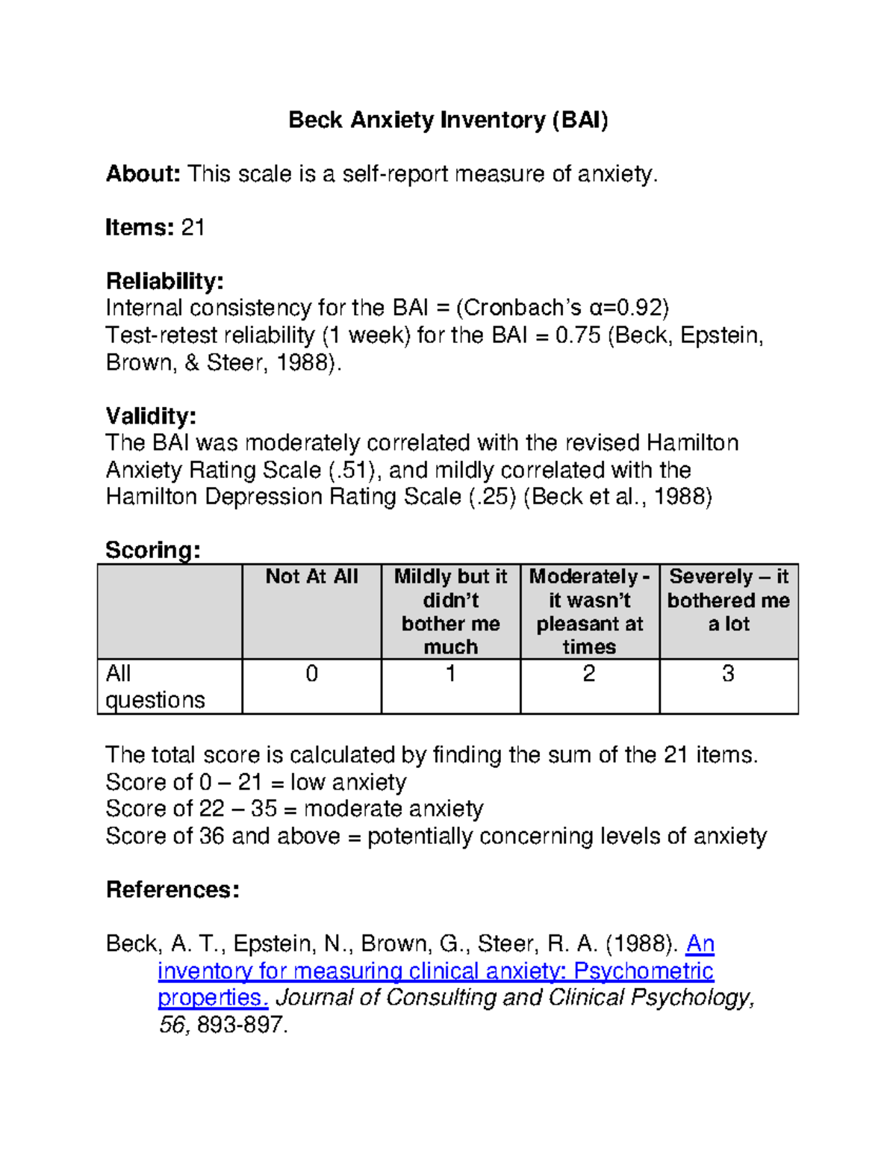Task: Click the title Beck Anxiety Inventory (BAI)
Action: [448, 120]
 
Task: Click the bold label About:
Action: [143, 174]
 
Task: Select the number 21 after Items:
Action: [193, 227]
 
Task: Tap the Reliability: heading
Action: [164, 281]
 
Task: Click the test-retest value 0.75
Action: [578, 335]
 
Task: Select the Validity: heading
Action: [151, 415]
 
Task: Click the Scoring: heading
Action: [153, 550]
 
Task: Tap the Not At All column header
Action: [312, 577]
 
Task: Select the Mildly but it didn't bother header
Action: [450, 611]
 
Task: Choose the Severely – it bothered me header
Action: [728, 600]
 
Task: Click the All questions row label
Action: [155, 686]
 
